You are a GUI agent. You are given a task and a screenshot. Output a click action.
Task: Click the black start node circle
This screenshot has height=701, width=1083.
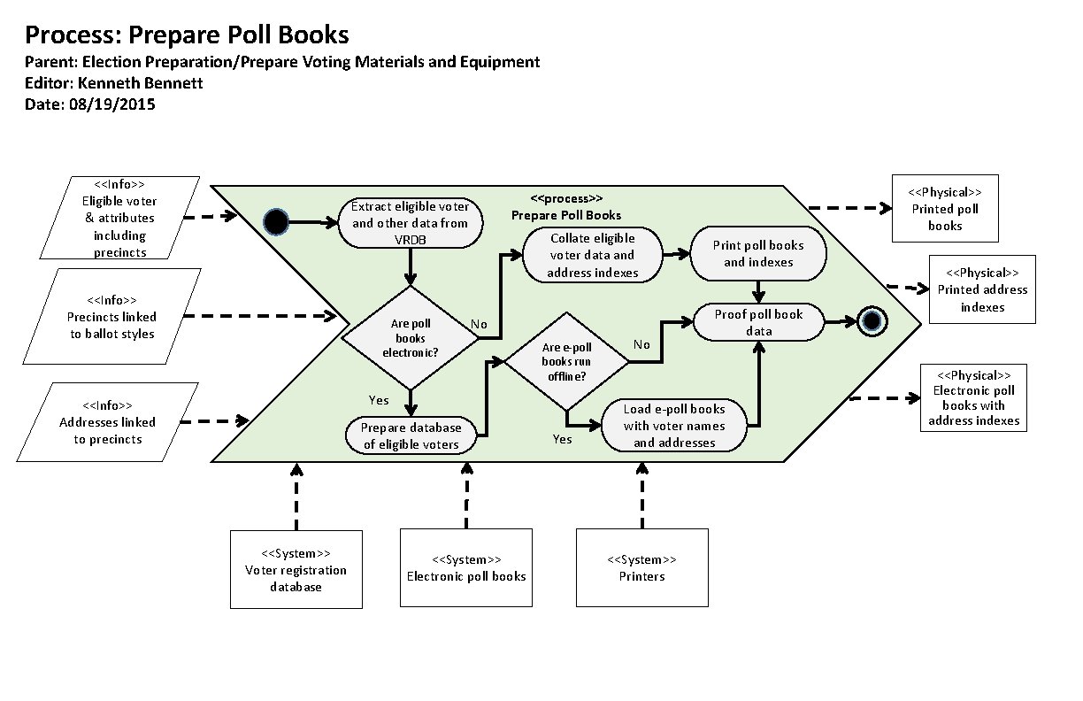(277, 222)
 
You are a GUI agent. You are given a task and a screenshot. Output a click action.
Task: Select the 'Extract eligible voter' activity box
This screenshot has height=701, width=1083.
(411, 222)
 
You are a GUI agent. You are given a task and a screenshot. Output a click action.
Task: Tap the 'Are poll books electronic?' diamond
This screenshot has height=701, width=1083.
(410, 338)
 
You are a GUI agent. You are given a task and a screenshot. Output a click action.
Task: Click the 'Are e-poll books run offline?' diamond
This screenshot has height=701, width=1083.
(566, 362)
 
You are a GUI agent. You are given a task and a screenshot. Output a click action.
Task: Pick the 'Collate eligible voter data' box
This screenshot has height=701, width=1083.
(592, 255)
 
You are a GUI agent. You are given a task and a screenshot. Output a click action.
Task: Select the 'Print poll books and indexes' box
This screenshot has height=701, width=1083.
(758, 254)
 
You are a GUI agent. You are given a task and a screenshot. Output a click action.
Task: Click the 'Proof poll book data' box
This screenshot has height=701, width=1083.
(758, 322)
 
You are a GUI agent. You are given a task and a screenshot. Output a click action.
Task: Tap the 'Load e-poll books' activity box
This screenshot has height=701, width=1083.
(674, 425)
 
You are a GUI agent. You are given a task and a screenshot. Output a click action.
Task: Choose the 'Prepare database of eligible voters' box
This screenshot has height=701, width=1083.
(411, 435)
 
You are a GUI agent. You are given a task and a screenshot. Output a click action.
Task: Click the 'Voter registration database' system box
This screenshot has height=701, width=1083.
(296, 569)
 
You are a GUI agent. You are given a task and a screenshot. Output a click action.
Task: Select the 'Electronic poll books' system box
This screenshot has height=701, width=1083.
(466, 567)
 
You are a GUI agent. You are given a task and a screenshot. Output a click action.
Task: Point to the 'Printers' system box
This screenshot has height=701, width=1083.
(641, 567)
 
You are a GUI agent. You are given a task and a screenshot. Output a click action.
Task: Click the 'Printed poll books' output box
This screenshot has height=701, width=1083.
(945, 209)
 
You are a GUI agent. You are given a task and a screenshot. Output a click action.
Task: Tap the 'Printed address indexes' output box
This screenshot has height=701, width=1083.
(982, 289)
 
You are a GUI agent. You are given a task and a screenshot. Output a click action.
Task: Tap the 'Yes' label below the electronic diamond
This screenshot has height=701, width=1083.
(379, 400)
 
